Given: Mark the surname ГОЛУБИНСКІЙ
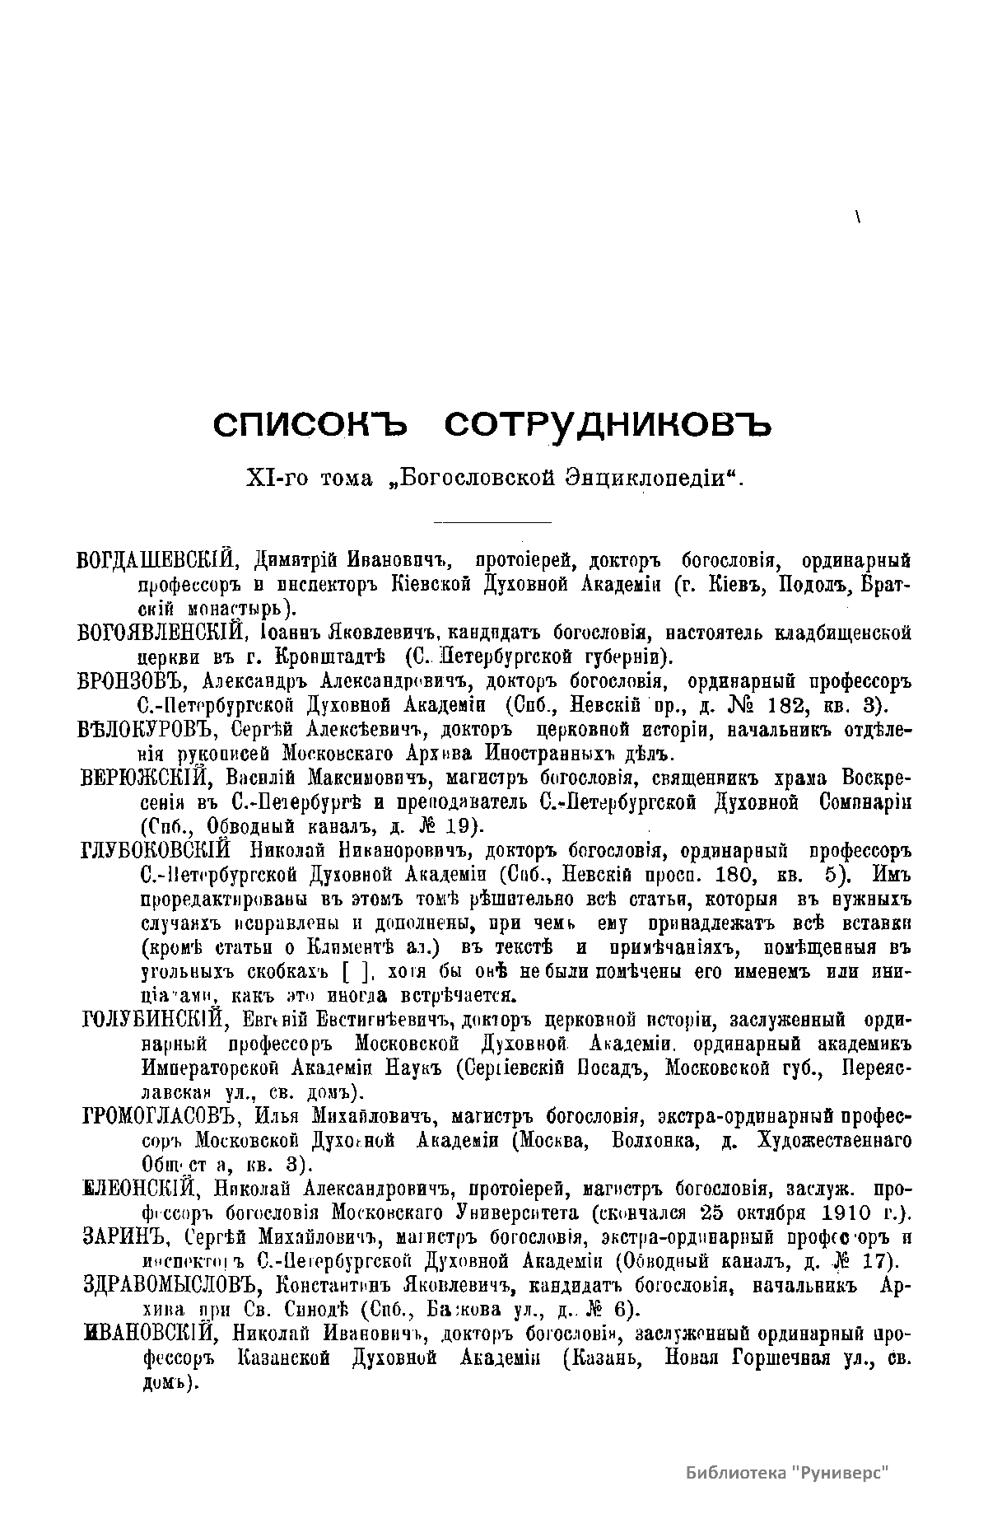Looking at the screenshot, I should click(x=154, y=1021).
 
